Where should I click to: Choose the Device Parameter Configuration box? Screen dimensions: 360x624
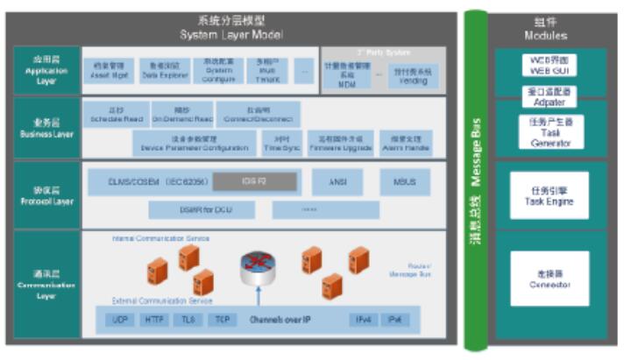tap(195, 144)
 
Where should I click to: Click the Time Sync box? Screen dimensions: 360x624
tap(282, 144)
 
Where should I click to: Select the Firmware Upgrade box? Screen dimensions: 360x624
tap(340, 144)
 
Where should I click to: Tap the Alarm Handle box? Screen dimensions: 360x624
tap(404, 144)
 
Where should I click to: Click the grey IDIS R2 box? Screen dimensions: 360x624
tap(259, 182)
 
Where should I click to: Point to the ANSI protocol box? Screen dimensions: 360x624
tap(337, 182)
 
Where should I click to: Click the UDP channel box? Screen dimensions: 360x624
tap(120, 319)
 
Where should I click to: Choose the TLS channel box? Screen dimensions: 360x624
tap(188, 319)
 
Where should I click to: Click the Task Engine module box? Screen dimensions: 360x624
tap(550, 195)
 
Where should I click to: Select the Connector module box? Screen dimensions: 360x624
tap(550, 279)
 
